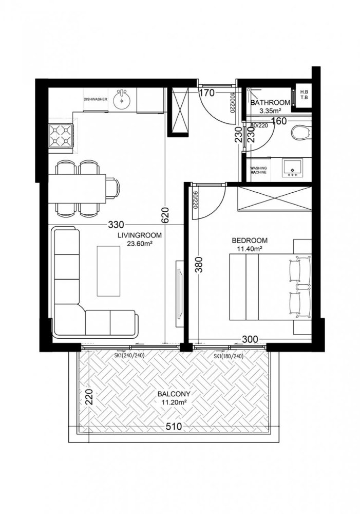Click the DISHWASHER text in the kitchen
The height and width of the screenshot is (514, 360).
pyautogui.click(x=95, y=100)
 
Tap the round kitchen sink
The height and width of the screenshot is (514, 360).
pyautogui.click(x=123, y=100)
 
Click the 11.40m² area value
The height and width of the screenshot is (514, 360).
pyautogui.click(x=250, y=249)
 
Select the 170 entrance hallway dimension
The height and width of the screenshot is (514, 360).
pyautogui.click(x=206, y=94)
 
